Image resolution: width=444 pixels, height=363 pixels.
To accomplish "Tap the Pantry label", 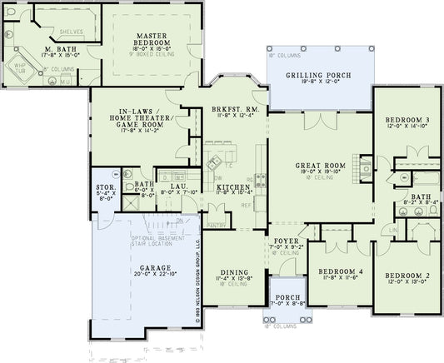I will (x=217, y=225).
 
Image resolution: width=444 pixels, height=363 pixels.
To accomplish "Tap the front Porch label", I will (x=285, y=301).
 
